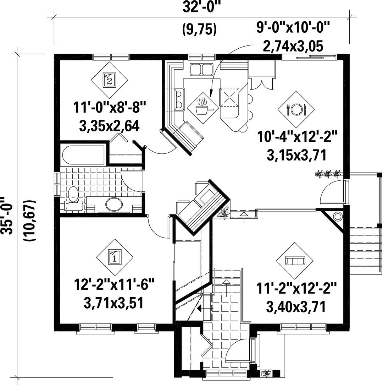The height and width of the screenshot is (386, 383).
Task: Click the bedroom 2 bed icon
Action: pos(109,79)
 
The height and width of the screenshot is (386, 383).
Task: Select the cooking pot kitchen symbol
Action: pos(203,108)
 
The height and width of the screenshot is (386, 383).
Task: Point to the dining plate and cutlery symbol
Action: pos(296,109)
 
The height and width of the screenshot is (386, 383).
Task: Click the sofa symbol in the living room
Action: pos(295,260)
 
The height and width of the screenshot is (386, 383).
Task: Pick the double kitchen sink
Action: pos(201,69)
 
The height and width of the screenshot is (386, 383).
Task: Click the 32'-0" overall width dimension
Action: pos(201,7)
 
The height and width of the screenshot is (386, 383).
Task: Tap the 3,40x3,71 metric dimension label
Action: pos(296,307)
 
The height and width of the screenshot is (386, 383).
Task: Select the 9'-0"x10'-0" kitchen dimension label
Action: pos(293,27)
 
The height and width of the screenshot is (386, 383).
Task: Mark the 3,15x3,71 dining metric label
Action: pos(296,155)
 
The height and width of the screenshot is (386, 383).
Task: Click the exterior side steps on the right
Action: pos(364,251)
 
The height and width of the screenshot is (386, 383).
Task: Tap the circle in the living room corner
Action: pos(338,217)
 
